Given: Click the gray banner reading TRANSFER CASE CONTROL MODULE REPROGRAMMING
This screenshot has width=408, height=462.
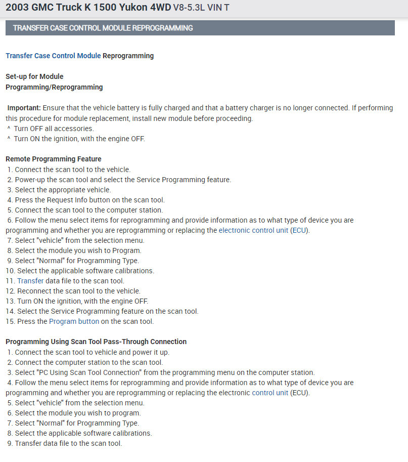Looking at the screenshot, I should (x=200, y=28).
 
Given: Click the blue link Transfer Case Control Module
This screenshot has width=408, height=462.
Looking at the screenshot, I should (x=53, y=56).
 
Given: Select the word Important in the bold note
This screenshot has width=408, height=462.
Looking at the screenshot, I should (x=24, y=108).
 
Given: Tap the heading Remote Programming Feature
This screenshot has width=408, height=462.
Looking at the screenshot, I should (x=53, y=159).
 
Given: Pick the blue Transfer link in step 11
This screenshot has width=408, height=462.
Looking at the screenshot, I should (x=30, y=281).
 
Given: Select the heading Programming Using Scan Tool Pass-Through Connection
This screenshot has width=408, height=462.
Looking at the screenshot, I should (x=96, y=342).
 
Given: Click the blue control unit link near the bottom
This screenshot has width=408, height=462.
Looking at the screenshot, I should (x=270, y=393).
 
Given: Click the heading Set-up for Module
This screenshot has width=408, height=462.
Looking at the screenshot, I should (x=34, y=76).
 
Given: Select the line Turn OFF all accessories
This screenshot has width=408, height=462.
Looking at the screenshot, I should (x=54, y=129).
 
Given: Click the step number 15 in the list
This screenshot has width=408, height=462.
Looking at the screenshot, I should (x=10, y=321).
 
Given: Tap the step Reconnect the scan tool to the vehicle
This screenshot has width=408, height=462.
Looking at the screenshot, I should (x=79, y=291).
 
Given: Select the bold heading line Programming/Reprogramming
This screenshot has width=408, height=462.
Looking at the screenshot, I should (x=54, y=87).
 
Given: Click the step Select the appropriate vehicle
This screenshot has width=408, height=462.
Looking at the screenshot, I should (x=63, y=190).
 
